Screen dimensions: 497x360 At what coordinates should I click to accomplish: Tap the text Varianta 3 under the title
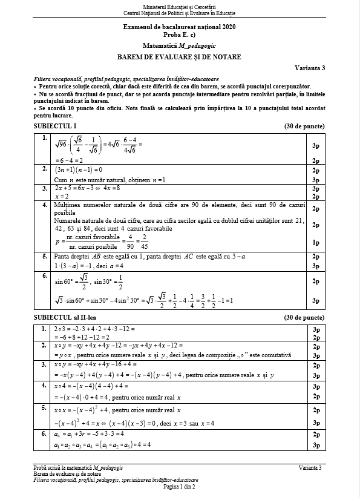(x=312, y=67)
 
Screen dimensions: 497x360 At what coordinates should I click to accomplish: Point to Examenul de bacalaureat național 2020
(x=179, y=28)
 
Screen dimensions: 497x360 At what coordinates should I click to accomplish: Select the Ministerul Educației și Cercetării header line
(x=179, y=5)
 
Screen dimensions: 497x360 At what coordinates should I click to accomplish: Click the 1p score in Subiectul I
(x=315, y=242)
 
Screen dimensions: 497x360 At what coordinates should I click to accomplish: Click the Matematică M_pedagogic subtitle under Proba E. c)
(x=179, y=46)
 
